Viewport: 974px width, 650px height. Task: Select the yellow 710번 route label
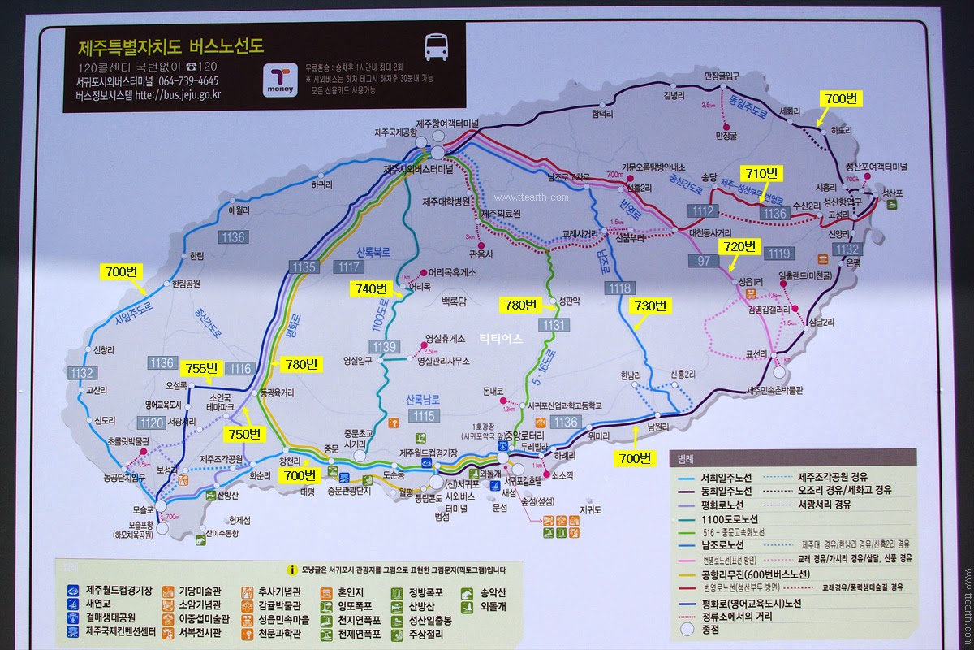click(x=761, y=172)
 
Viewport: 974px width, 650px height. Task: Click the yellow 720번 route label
click(x=739, y=246)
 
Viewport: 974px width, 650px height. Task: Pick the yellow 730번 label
click(x=649, y=305)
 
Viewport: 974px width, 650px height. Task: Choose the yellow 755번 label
click(x=200, y=367)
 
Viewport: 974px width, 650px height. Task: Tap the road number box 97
click(x=703, y=260)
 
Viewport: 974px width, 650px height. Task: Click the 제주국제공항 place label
click(x=395, y=132)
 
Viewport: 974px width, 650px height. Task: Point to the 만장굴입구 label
click(x=722, y=76)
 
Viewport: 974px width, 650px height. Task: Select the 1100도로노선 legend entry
click(x=730, y=518)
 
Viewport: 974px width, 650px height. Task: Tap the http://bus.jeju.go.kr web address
click(x=178, y=95)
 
